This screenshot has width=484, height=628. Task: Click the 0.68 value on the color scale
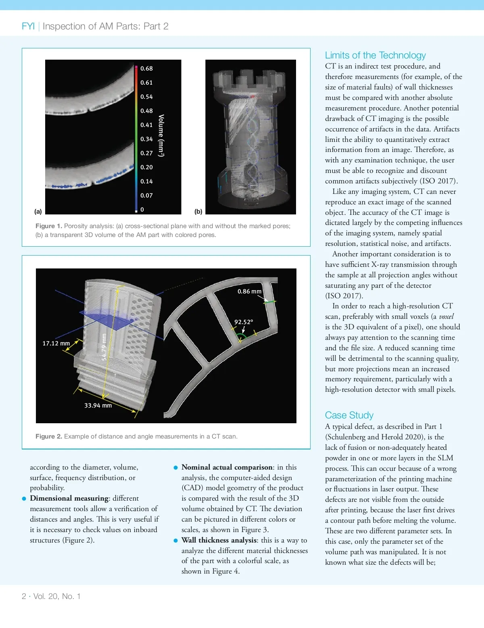point(146,69)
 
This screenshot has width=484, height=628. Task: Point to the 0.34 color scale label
point(146,139)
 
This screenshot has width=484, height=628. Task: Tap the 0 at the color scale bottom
point(142,210)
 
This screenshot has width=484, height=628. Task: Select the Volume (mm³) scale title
point(161,135)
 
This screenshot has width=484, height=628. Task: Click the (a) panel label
point(38,211)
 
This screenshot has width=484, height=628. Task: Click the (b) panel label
point(198,211)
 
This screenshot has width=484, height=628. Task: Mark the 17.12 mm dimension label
point(56,343)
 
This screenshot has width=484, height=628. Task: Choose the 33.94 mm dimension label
point(98,405)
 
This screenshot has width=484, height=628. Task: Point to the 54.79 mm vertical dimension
point(104,347)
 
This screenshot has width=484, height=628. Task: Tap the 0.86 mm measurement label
point(249,291)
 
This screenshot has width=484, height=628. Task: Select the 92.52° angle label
point(244,322)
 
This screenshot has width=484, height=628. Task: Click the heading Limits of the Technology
point(375,55)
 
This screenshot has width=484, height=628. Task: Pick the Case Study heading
point(349,415)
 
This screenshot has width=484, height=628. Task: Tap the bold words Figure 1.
point(48,226)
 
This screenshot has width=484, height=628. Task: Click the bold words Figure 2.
point(48,437)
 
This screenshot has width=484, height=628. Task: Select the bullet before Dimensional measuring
point(24,499)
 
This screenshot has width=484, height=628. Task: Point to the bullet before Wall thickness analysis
point(175,541)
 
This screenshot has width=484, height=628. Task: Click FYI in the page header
point(28,26)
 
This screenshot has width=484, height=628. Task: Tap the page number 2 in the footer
point(24,596)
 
